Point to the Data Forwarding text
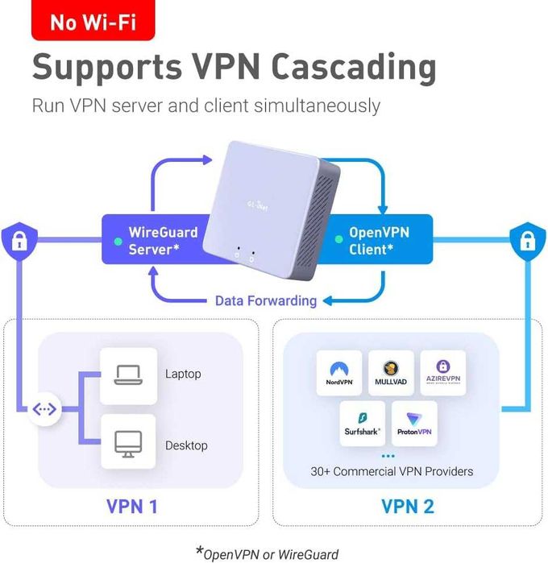pos(265,300)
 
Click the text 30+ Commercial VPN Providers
pos(392,471)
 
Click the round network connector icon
pos(44,409)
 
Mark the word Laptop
pos(183,374)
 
